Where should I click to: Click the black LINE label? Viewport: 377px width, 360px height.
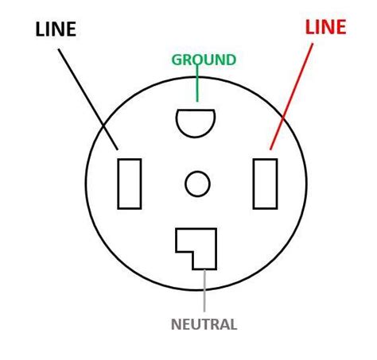point(56,30)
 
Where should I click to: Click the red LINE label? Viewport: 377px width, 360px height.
point(325,28)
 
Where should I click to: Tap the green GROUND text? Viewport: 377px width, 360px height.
point(204,60)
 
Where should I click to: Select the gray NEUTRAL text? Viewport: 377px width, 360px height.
point(204,324)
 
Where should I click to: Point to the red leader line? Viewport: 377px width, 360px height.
point(292,95)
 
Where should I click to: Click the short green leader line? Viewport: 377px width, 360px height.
point(197,86)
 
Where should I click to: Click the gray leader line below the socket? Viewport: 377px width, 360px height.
point(204,290)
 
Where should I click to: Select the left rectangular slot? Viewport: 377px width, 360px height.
point(130,184)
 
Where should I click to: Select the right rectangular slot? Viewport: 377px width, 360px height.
point(265,184)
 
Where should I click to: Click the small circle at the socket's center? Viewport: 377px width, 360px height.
point(197,184)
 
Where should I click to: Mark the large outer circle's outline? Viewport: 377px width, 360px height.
point(86,184)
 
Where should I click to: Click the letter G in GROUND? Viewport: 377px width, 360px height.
point(177,60)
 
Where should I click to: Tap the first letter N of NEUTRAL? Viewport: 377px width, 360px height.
point(176,324)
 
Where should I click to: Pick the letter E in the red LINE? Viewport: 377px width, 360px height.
point(340,28)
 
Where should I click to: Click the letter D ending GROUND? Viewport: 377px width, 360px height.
point(231,60)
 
